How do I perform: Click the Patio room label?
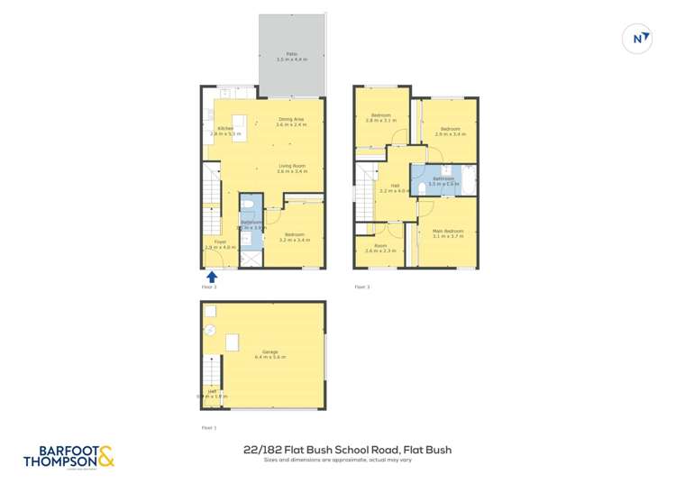click(291, 56)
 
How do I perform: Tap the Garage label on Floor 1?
click(270, 354)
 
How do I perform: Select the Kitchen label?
click(225, 131)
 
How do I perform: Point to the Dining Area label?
click(291, 122)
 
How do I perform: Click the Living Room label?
click(291, 168)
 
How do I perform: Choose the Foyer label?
click(220, 243)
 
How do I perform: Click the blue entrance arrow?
click(213, 277)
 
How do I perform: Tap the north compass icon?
click(638, 39)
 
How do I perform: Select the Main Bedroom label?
click(447, 233)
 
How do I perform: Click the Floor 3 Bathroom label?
click(443, 180)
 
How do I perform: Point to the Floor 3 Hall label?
click(395, 188)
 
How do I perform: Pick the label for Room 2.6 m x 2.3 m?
click(381, 249)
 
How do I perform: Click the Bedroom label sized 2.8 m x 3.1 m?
click(381, 117)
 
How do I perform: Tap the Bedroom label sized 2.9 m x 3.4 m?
click(450, 131)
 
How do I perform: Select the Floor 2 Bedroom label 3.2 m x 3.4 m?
click(295, 238)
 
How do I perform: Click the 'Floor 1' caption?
click(209, 428)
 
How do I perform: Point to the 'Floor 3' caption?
click(361, 287)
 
